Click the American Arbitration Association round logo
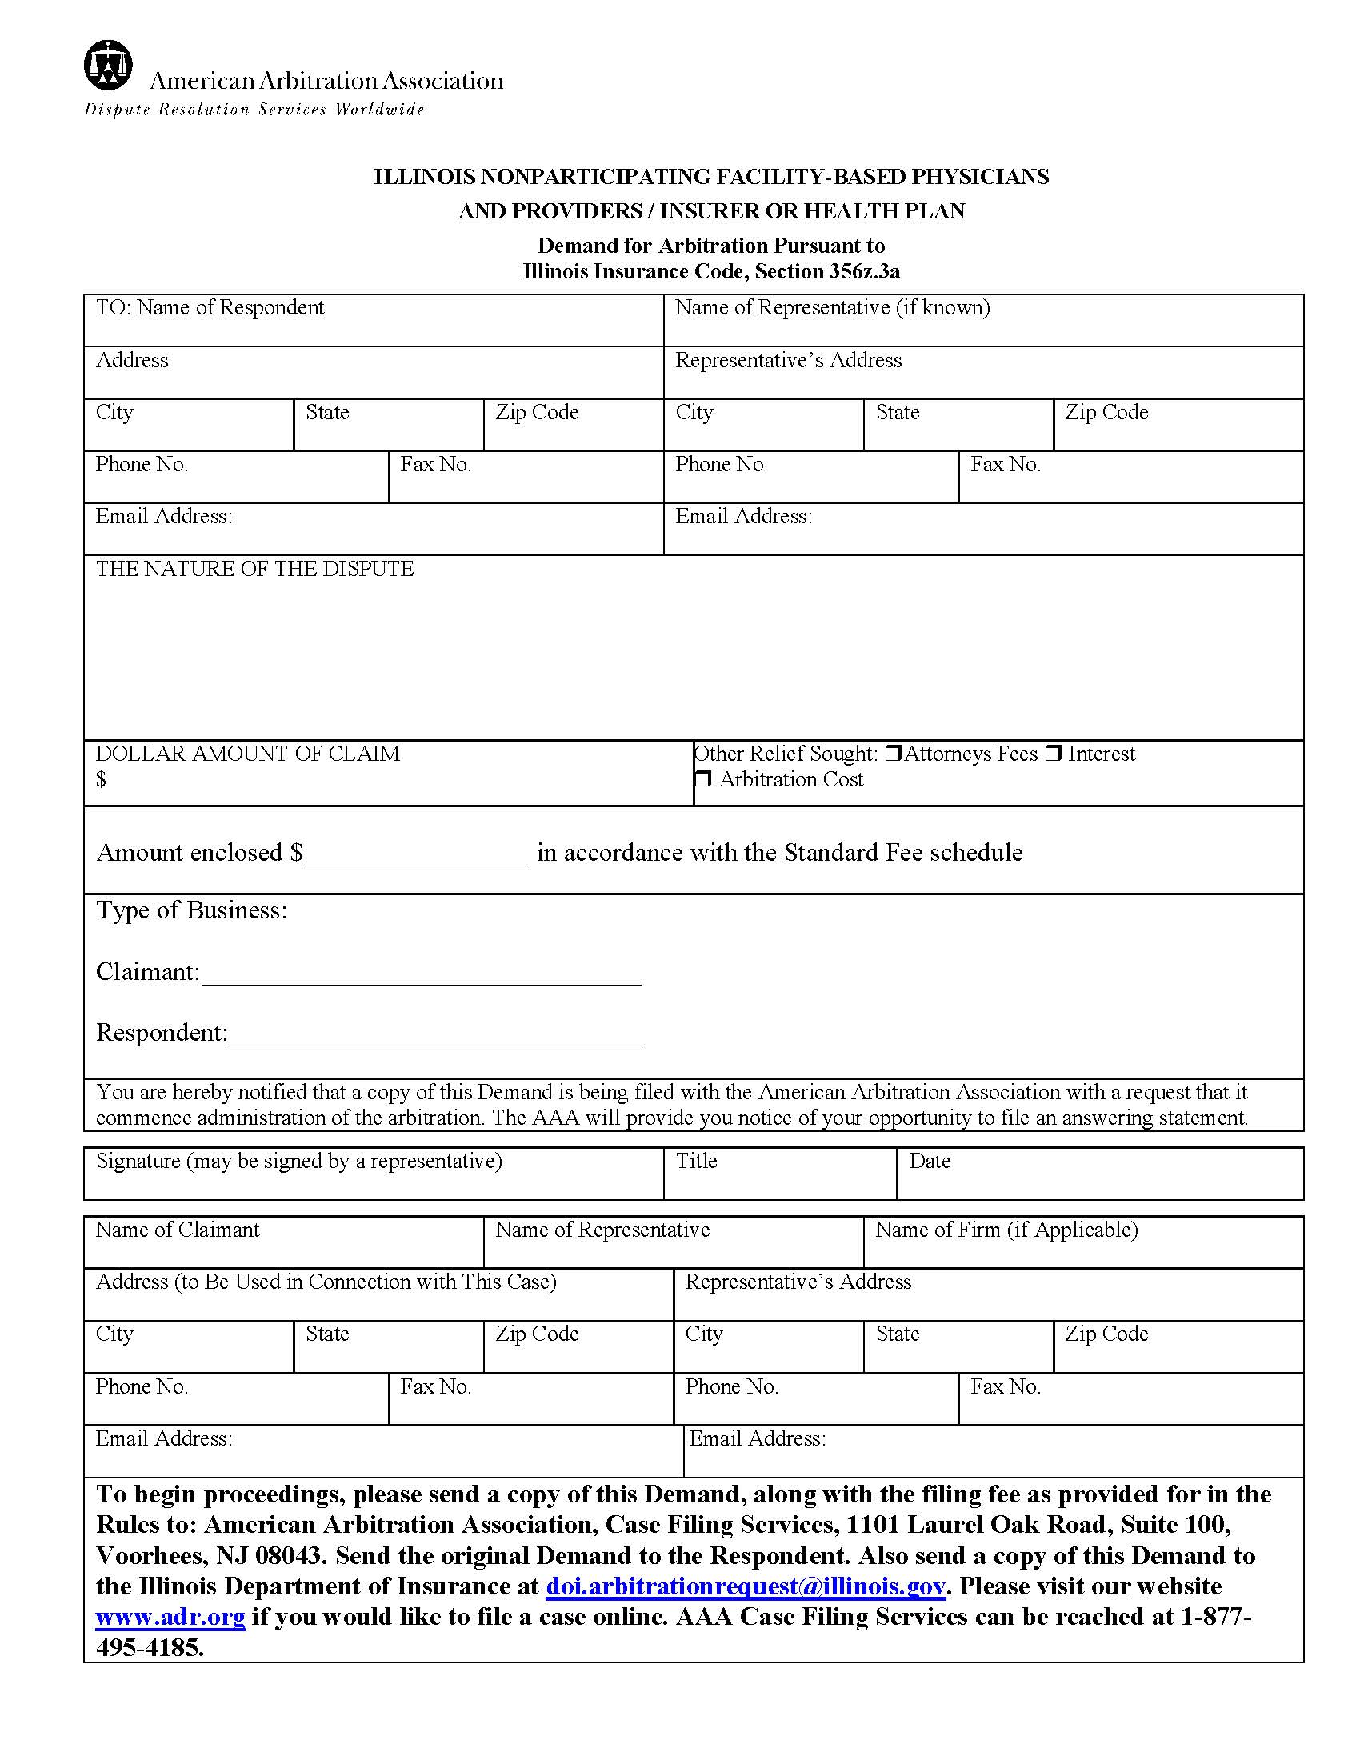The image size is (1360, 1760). [x=108, y=65]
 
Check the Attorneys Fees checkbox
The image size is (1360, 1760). [x=893, y=754]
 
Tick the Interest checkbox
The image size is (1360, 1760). [x=1053, y=754]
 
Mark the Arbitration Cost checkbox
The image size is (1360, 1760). [x=703, y=779]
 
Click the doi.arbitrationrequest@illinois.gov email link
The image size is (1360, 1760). [x=746, y=1586]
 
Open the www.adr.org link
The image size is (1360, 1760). [x=170, y=1617]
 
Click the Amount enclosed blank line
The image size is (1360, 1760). [x=417, y=856]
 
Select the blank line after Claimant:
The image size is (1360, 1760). [x=421, y=975]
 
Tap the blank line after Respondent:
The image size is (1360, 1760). [x=435, y=1036]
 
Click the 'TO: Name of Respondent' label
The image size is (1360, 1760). [x=210, y=307]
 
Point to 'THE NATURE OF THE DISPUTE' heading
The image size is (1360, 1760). [x=254, y=569]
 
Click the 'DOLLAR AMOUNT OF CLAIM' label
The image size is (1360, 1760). [x=247, y=754]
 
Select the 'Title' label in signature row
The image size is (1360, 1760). [x=696, y=1161]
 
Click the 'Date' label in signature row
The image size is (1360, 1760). [x=929, y=1161]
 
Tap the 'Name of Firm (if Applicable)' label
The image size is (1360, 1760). [x=1006, y=1230]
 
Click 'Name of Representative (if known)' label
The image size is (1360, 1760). [x=832, y=307]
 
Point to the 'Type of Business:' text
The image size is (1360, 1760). [x=192, y=910]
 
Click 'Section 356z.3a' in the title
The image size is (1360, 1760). [x=826, y=271]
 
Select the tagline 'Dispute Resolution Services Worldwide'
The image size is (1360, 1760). [x=254, y=110]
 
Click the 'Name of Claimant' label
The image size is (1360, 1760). [x=178, y=1230]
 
